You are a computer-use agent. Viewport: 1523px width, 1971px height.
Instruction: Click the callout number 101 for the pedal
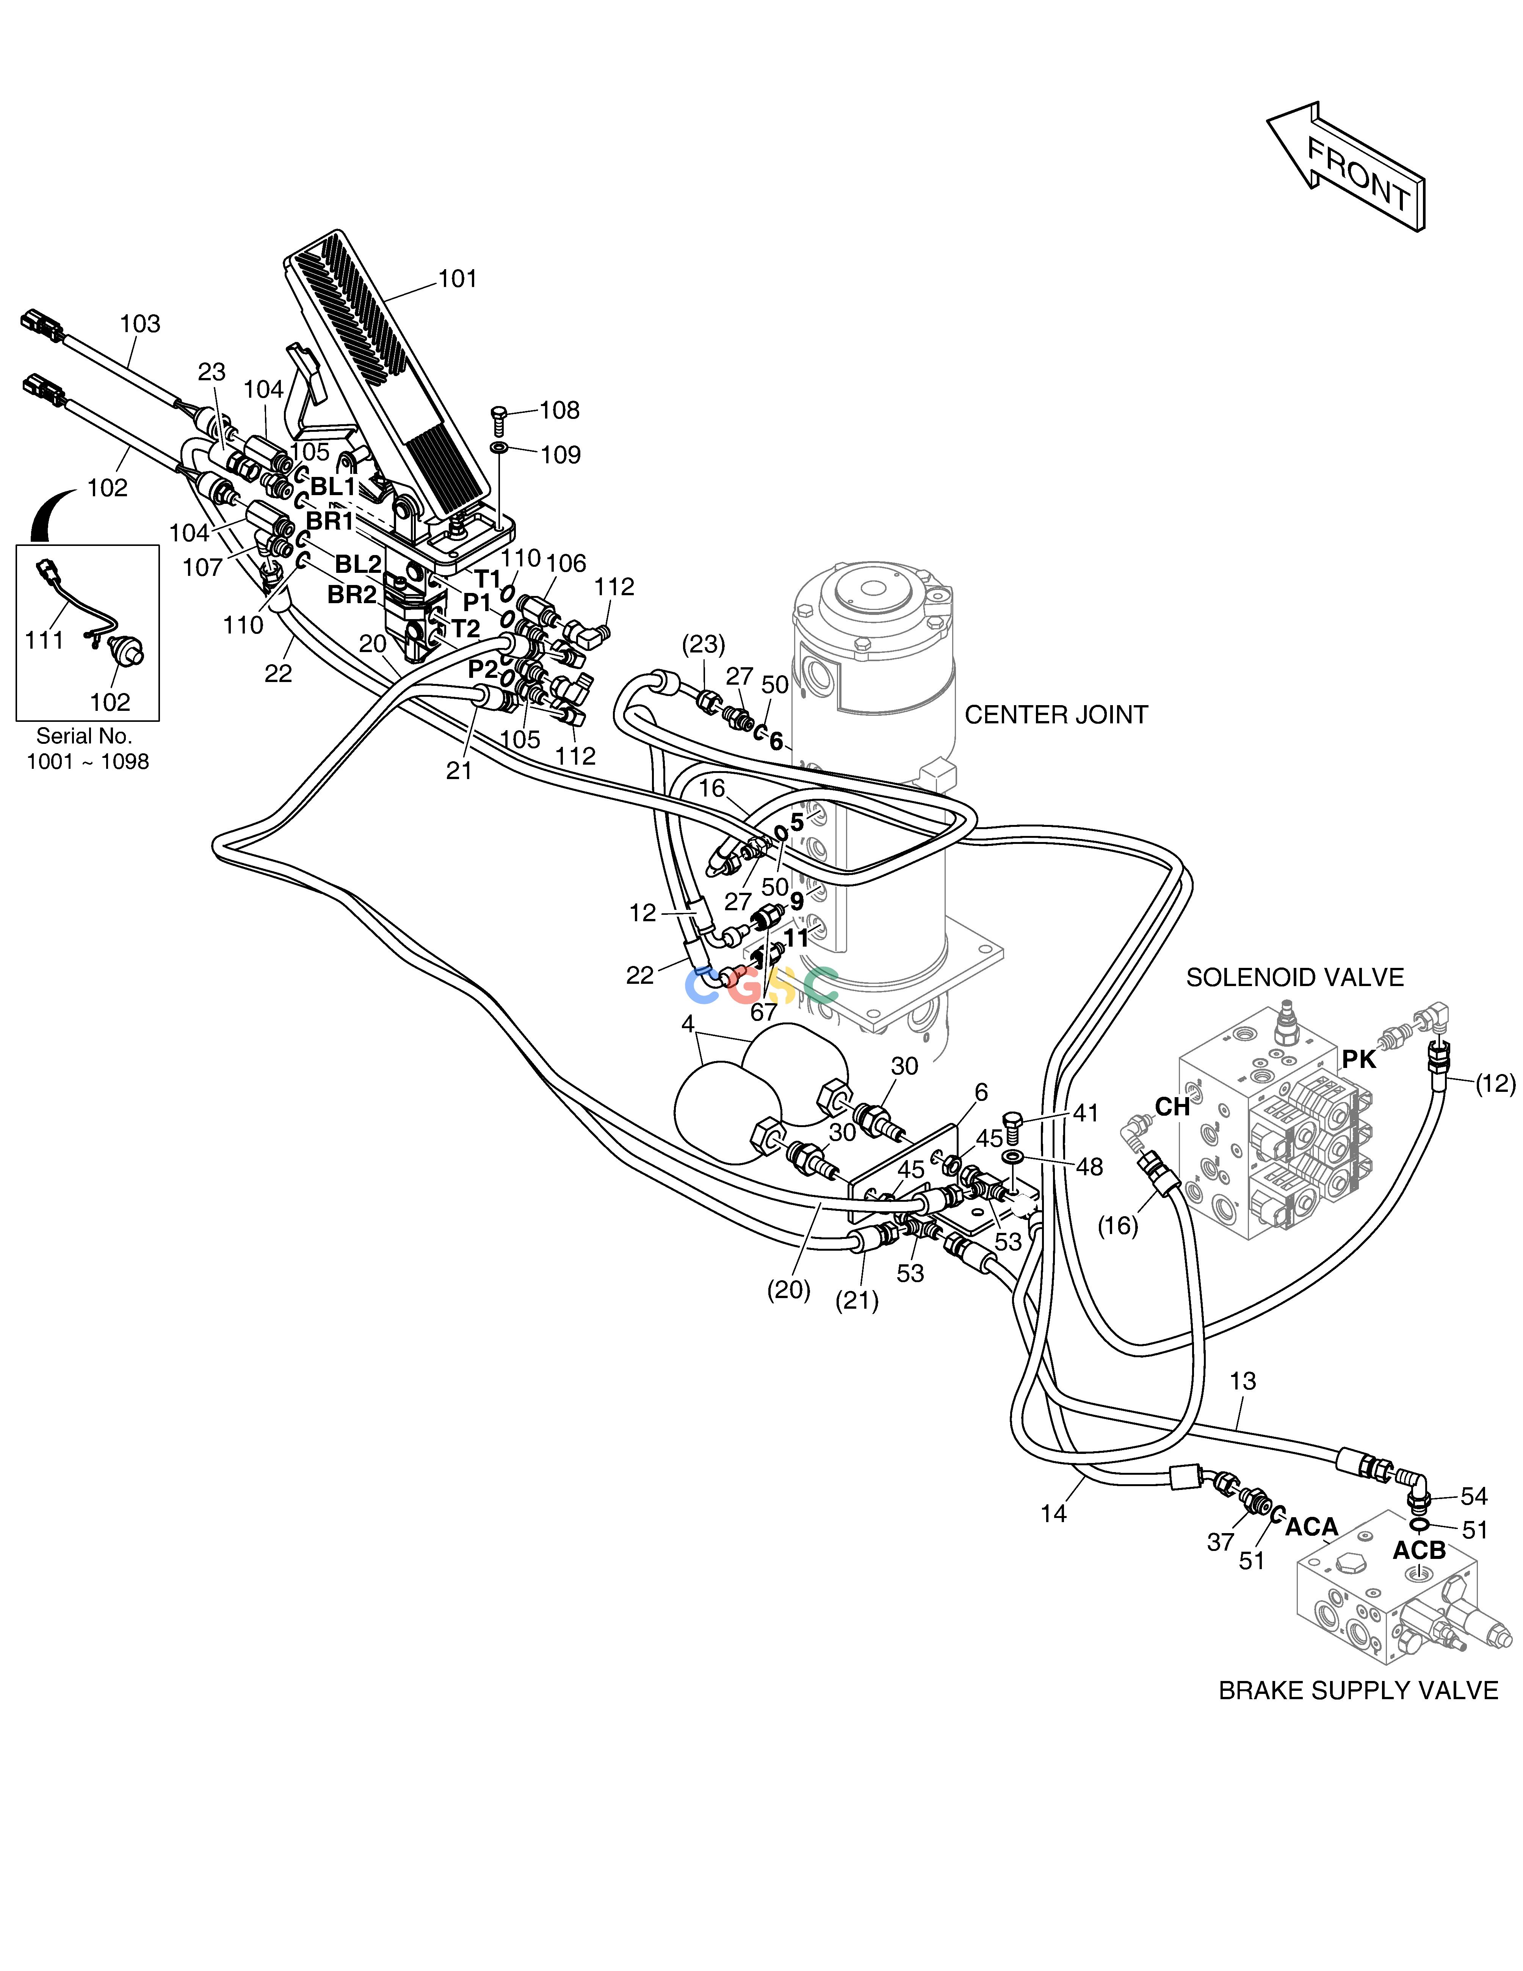tap(458, 279)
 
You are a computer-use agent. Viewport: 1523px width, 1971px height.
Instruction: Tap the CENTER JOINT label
tap(1056, 715)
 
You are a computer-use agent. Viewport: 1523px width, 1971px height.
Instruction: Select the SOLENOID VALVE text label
tap(1295, 977)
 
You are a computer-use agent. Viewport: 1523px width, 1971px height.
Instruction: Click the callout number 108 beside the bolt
tap(559, 411)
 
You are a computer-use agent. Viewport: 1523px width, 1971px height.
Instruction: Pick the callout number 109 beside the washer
tap(560, 455)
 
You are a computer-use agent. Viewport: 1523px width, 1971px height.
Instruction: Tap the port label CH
tap(1172, 1107)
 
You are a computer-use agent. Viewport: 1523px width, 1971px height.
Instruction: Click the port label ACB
tap(1419, 1551)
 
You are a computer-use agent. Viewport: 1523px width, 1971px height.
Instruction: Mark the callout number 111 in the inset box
tap(44, 641)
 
